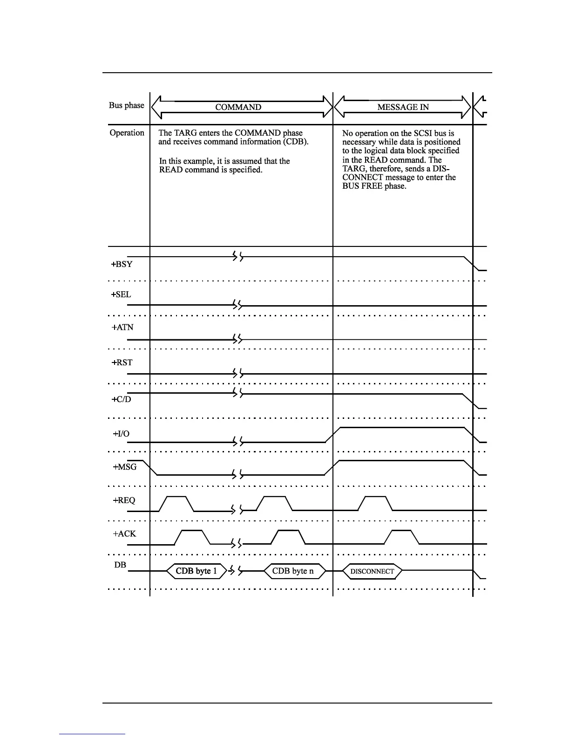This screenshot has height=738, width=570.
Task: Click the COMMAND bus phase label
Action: (x=238, y=107)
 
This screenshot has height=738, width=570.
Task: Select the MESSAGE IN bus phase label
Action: (x=403, y=107)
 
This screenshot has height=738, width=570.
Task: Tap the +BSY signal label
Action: (x=122, y=264)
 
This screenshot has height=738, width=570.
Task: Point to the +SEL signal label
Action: (x=121, y=294)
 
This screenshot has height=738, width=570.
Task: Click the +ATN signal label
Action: (x=122, y=328)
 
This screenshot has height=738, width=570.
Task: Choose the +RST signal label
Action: (x=122, y=362)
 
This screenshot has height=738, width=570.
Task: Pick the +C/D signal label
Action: (x=122, y=400)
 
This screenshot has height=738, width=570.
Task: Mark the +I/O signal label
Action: (x=121, y=434)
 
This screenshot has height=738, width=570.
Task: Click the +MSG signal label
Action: (x=125, y=467)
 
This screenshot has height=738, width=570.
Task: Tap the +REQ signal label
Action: (x=124, y=500)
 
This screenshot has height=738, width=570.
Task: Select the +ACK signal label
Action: (x=124, y=534)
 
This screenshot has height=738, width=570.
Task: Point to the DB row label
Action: (x=120, y=565)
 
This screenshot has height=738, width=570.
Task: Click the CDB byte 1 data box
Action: (x=196, y=571)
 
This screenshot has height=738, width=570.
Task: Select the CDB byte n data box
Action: (x=293, y=571)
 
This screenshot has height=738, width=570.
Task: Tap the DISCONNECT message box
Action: (x=372, y=572)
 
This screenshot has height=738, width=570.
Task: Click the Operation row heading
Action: (x=127, y=133)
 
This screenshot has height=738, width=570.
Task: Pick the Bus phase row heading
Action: (x=126, y=105)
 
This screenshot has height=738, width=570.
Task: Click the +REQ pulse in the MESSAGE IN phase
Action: (x=375, y=504)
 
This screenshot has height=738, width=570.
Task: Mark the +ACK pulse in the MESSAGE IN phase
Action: (x=402, y=537)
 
